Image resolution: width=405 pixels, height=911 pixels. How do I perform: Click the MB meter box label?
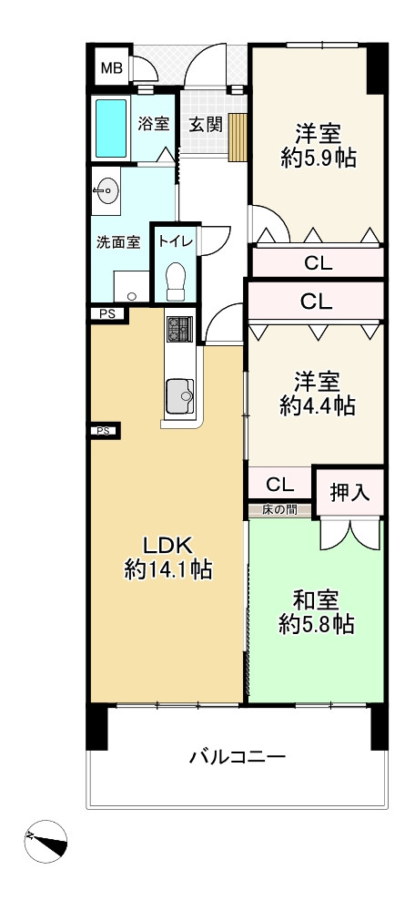[112, 68]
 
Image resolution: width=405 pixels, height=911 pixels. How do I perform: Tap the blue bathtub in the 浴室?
[111, 128]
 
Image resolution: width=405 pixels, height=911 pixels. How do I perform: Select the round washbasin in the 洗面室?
[106, 191]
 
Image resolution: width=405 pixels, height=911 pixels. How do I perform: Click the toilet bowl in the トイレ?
[176, 281]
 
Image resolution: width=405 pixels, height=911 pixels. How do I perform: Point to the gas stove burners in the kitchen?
[180, 330]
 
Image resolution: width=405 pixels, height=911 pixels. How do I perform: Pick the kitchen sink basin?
[179, 396]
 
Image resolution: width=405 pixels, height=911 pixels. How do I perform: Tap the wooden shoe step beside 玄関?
[238, 138]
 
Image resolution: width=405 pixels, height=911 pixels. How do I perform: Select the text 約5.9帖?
[318, 159]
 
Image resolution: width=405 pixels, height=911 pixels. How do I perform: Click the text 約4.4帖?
[317, 405]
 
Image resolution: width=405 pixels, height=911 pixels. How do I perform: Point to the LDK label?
[167, 545]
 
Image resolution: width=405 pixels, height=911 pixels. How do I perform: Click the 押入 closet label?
[349, 493]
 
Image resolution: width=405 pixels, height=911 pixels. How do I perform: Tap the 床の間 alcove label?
[279, 511]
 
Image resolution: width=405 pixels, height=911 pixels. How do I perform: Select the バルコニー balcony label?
[238, 757]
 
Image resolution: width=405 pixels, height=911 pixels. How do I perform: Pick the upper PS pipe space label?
[105, 313]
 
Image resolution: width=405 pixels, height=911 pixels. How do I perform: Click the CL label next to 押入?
[280, 484]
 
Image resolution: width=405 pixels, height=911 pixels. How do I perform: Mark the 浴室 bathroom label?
[153, 124]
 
